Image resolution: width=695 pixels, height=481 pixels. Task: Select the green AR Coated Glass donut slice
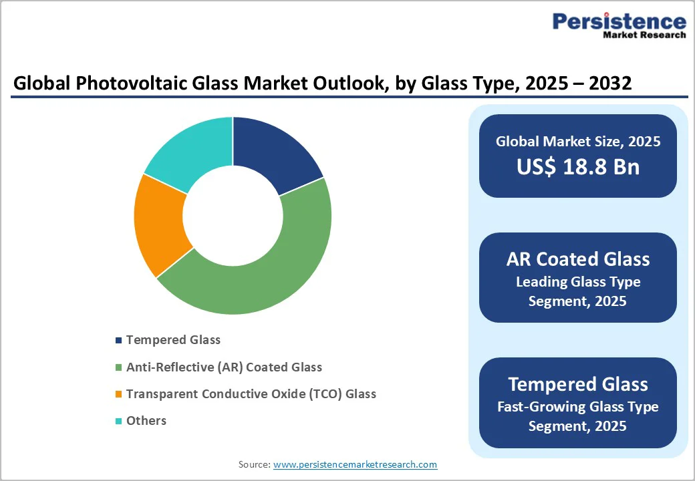click(x=267, y=267)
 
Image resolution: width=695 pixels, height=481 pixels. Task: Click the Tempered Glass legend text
click(x=173, y=340)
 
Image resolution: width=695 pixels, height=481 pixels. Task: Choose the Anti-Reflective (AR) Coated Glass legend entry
click(x=224, y=367)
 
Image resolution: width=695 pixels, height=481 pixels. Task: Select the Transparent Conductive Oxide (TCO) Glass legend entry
click(x=251, y=394)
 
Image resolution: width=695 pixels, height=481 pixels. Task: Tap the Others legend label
click(x=146, y=421)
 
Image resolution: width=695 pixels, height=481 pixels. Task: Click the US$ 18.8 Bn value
click(x=577, y=167)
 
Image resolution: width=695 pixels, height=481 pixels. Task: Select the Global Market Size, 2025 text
click(x=577, y=142)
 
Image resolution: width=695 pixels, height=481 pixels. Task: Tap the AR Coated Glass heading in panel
click(x=577, y=259)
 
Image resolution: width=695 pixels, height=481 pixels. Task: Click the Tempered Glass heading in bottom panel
click(x=577, y=384)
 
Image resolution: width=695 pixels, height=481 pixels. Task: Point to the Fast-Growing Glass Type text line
click(x=577, y=407)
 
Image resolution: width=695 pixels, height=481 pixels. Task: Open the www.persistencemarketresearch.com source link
click(x=355, y=464)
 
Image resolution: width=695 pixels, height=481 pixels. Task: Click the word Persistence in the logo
click(x=619, y=21)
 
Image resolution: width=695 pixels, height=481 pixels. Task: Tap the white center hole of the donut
click(x=233, y=215)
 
